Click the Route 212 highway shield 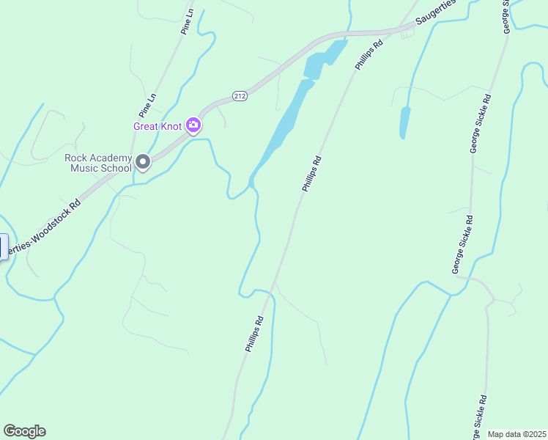click(x=240, y=96)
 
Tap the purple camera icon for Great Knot click(x=193, y=125)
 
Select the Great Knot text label click(x=158, y=126)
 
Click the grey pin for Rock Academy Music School click(x=143, y=162)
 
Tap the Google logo click(x=24, y=431)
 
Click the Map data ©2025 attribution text click(x=516, y=434)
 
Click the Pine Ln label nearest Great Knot click(x=147, y=106)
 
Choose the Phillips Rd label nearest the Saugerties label click(x=369, y=55)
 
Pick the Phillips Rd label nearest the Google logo click(x=253, y=335)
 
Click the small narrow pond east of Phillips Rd click(x=404, y=122)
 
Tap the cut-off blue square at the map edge click(x=3, y=246)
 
